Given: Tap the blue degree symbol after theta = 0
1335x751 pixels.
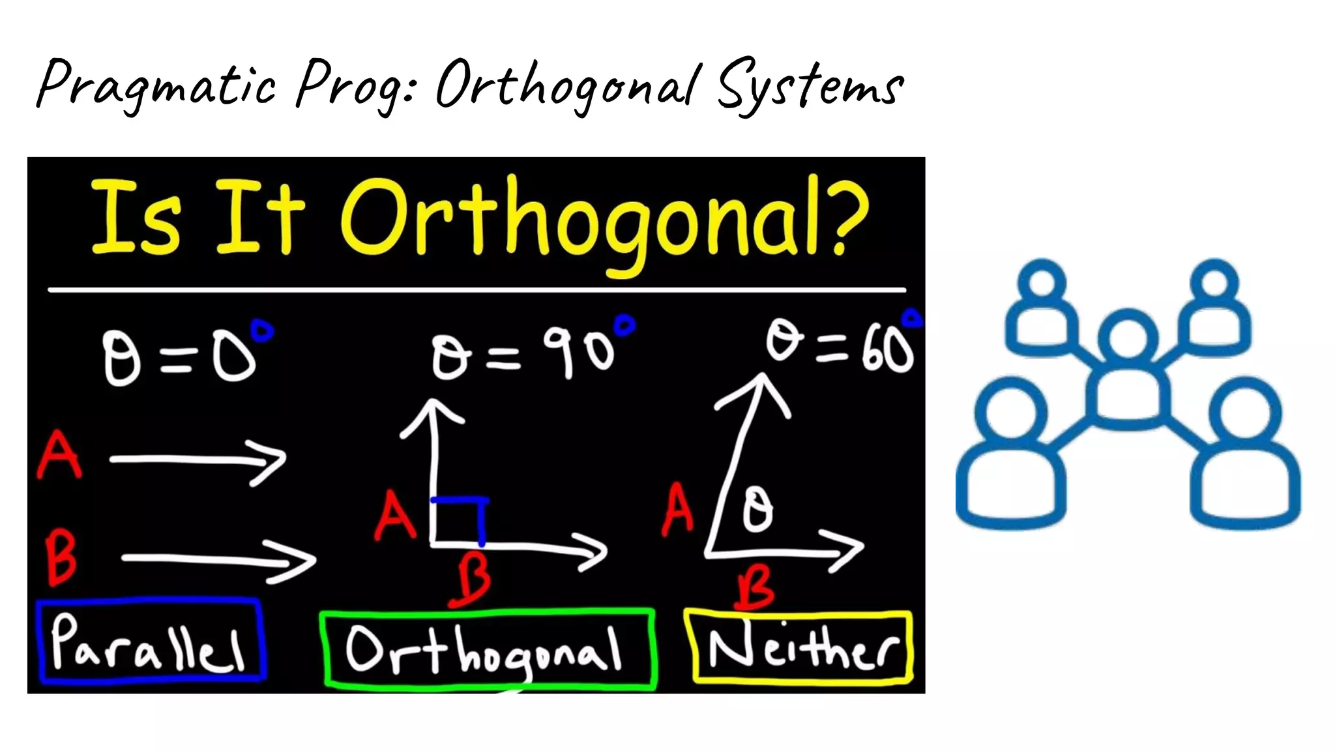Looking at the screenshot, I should [262, 331].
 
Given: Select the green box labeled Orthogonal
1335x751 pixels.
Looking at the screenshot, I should [488, 649].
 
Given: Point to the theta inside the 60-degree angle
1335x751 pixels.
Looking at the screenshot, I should [757, 510].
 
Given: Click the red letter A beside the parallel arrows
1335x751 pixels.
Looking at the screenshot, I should [59, 455].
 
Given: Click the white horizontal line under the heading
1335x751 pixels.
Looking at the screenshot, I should [476, 289].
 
